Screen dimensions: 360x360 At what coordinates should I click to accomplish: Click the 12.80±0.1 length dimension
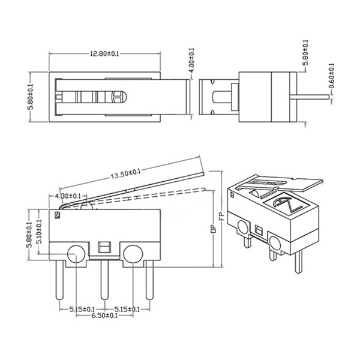pyautogui.click(x=104, y=54)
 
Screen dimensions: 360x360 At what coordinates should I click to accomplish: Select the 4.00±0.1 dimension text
pyautogui.click(x=192, y=60)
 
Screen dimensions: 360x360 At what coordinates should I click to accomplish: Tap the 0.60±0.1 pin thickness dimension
pyautogui.click(x=332, y=76)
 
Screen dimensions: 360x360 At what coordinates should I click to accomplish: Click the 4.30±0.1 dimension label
pyautogui.click(x=68, y=196)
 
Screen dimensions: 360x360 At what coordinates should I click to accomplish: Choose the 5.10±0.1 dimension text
pyautogui.click(x=40, y=232)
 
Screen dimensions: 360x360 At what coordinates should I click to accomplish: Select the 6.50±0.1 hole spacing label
pyautogui.click(x=104, y=316)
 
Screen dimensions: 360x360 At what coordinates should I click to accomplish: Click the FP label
pyautogui.click(x=221, y=216)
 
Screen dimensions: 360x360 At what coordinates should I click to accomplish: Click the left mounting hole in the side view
pyautogui.click(x=76, y=254)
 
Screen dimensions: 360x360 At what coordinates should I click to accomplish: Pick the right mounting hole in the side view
pyautogui.click(x=133, y=254)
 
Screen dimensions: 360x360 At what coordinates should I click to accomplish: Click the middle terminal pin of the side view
pyautogui.click(x=104, y=280)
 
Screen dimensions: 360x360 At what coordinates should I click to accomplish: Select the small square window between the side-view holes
pyautogui.click(x=104, y=247)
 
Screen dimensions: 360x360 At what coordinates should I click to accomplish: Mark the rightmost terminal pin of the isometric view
pyautogui.click(x=298, y=261)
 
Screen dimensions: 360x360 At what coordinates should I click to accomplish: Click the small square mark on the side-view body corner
pyautogui.click(x=57, y=215)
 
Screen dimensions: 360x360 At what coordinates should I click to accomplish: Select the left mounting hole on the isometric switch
pyautogui.click(x=243, y=227)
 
